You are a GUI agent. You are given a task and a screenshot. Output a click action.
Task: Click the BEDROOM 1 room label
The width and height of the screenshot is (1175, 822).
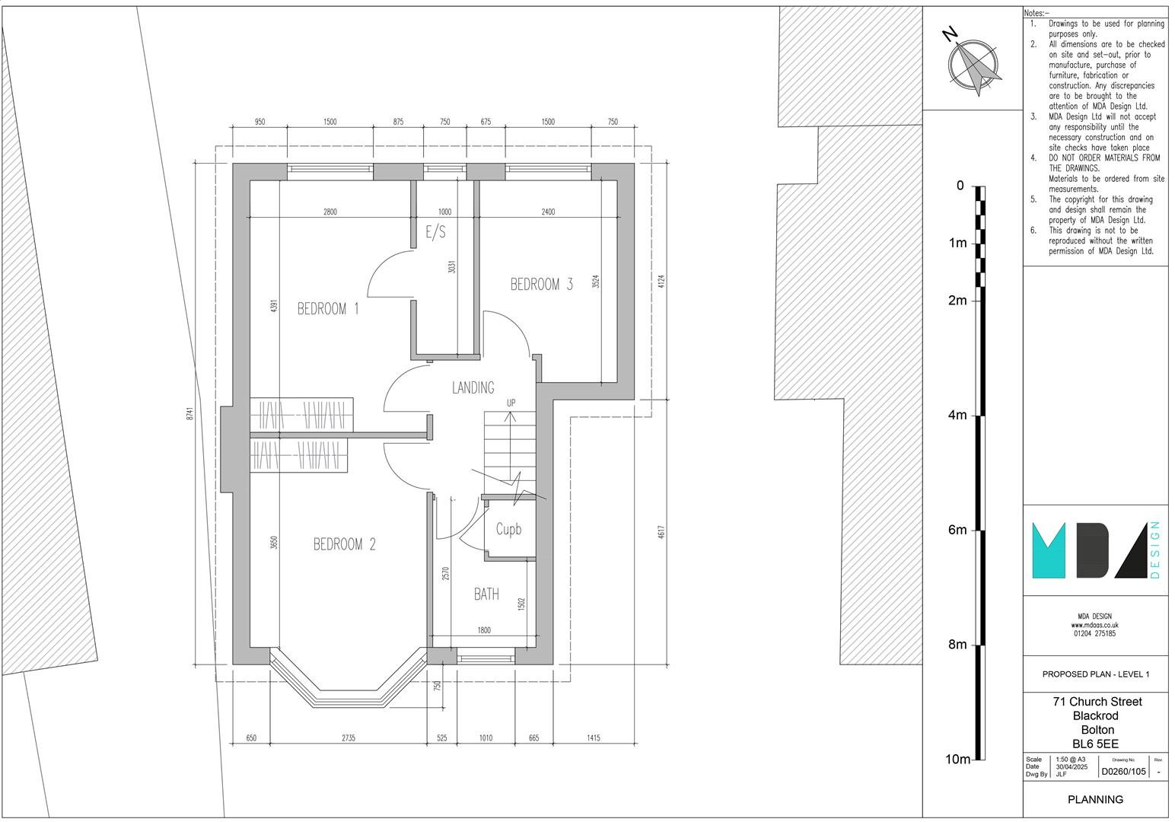[x=328, y=308]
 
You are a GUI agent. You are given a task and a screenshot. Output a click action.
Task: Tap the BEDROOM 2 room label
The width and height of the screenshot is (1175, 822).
[x=345, y=544]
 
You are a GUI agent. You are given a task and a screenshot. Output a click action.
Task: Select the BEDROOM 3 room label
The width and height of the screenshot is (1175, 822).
[x=542, y=285]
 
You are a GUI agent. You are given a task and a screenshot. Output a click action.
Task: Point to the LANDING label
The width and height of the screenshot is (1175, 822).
[x=473, y=387]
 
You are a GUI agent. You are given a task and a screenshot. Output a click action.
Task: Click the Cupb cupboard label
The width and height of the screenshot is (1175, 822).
[x=509, y=529]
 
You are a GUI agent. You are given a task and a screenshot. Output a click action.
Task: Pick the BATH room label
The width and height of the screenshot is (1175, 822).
[x=486, y=594]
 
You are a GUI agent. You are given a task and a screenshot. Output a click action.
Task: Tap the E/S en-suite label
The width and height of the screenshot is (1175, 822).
[x=436, y=232]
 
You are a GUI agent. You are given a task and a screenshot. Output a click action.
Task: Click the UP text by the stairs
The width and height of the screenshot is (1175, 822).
[x=511, y=403]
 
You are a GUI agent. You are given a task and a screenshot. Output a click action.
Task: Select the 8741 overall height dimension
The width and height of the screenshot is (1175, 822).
[x=190, y=413]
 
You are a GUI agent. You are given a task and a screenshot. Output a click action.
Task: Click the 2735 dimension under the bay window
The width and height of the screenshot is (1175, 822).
[x=349, y=738]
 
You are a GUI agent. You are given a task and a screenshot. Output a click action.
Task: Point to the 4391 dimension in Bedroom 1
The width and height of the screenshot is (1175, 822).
[x=273, y=307]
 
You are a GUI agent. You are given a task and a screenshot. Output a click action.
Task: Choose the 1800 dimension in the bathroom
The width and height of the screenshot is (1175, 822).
[x=484, y=630]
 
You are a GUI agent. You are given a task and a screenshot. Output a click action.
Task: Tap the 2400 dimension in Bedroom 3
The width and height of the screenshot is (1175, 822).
[x=548, y=212]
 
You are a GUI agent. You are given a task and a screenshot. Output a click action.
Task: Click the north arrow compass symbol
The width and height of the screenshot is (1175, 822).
[x=973, y=65]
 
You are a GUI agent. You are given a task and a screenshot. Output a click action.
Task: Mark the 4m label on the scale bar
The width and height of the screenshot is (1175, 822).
[x=957, y=415]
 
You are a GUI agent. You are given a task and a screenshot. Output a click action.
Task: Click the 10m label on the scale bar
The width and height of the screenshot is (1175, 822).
[x=958, y=759]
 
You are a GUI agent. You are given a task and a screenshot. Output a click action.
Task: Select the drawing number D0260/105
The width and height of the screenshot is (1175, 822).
[x=1123, y=772]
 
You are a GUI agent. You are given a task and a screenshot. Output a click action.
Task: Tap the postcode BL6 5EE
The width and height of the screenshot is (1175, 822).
[x=1095, y=744]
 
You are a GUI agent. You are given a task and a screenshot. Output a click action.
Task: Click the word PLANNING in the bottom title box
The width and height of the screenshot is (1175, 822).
[x=1095, y=799]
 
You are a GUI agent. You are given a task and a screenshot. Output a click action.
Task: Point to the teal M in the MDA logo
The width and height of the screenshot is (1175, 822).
[x=1049, y=551]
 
